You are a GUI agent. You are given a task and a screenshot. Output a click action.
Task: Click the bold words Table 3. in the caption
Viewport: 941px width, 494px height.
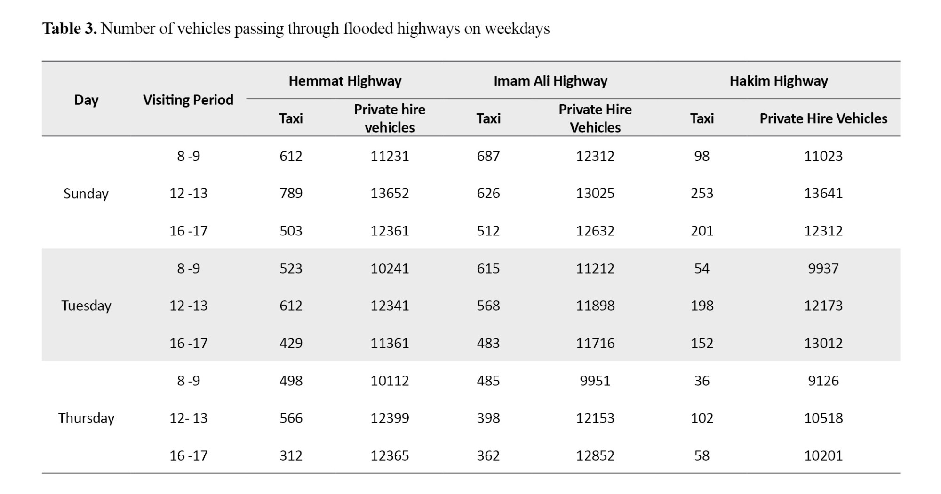[70, 29]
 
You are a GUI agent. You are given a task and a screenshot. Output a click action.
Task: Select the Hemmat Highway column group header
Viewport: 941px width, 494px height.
[345, 81]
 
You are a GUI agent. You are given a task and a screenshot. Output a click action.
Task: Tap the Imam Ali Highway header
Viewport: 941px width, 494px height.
[550, 81]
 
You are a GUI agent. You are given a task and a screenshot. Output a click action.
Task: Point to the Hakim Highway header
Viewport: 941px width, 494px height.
[779, 81]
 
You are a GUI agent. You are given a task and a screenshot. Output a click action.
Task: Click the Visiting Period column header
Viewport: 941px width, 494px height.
[188, 100]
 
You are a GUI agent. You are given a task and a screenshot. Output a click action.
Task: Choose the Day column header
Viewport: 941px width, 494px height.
[86, 100]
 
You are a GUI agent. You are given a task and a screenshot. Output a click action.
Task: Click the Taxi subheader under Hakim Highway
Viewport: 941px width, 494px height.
[702, 118]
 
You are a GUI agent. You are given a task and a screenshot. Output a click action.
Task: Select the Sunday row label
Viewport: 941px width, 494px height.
[86, 194]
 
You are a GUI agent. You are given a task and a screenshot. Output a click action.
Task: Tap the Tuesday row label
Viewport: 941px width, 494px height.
[86, 306]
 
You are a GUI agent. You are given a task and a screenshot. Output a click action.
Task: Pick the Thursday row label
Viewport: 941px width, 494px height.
[86, 418]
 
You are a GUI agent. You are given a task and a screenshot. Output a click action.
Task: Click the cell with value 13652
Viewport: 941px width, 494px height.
[390, 193]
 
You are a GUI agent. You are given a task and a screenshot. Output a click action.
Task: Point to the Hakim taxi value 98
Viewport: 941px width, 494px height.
[702, 156]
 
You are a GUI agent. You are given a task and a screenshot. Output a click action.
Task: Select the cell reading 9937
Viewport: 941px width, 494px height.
[823, 268]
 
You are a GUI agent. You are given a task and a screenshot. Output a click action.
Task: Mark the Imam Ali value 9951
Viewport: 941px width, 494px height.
[595, 381]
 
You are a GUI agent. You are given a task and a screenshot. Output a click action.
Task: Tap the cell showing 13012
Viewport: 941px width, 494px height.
[823, 343]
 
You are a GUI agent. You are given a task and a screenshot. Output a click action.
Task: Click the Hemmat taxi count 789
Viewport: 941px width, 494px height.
[291, 193]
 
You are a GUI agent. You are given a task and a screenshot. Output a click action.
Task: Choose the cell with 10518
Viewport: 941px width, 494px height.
[823, 418]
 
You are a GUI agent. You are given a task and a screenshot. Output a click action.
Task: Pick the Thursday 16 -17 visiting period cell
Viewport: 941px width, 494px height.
[188, 455]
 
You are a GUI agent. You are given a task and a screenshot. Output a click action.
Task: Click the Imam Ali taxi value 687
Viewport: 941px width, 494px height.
[488, 156]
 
